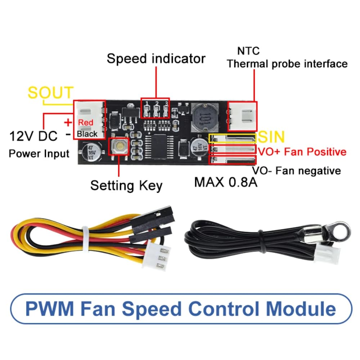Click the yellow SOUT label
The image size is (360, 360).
tap(50, 93)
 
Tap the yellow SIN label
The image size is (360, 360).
tap(271, 137)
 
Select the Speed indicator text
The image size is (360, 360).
tap(156, 59)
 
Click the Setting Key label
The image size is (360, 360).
tap(126, 186)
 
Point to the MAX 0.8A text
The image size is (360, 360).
tap(226, 182)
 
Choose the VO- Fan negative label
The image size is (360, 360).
tap(296, 170)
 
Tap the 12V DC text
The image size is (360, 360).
tap(33, 136)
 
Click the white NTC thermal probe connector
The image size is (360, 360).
tap(242, 116)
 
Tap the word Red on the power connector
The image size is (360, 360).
tap(86, 123)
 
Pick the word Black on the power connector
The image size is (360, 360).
tap(87, 134)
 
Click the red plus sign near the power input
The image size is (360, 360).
tap(68, 123)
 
